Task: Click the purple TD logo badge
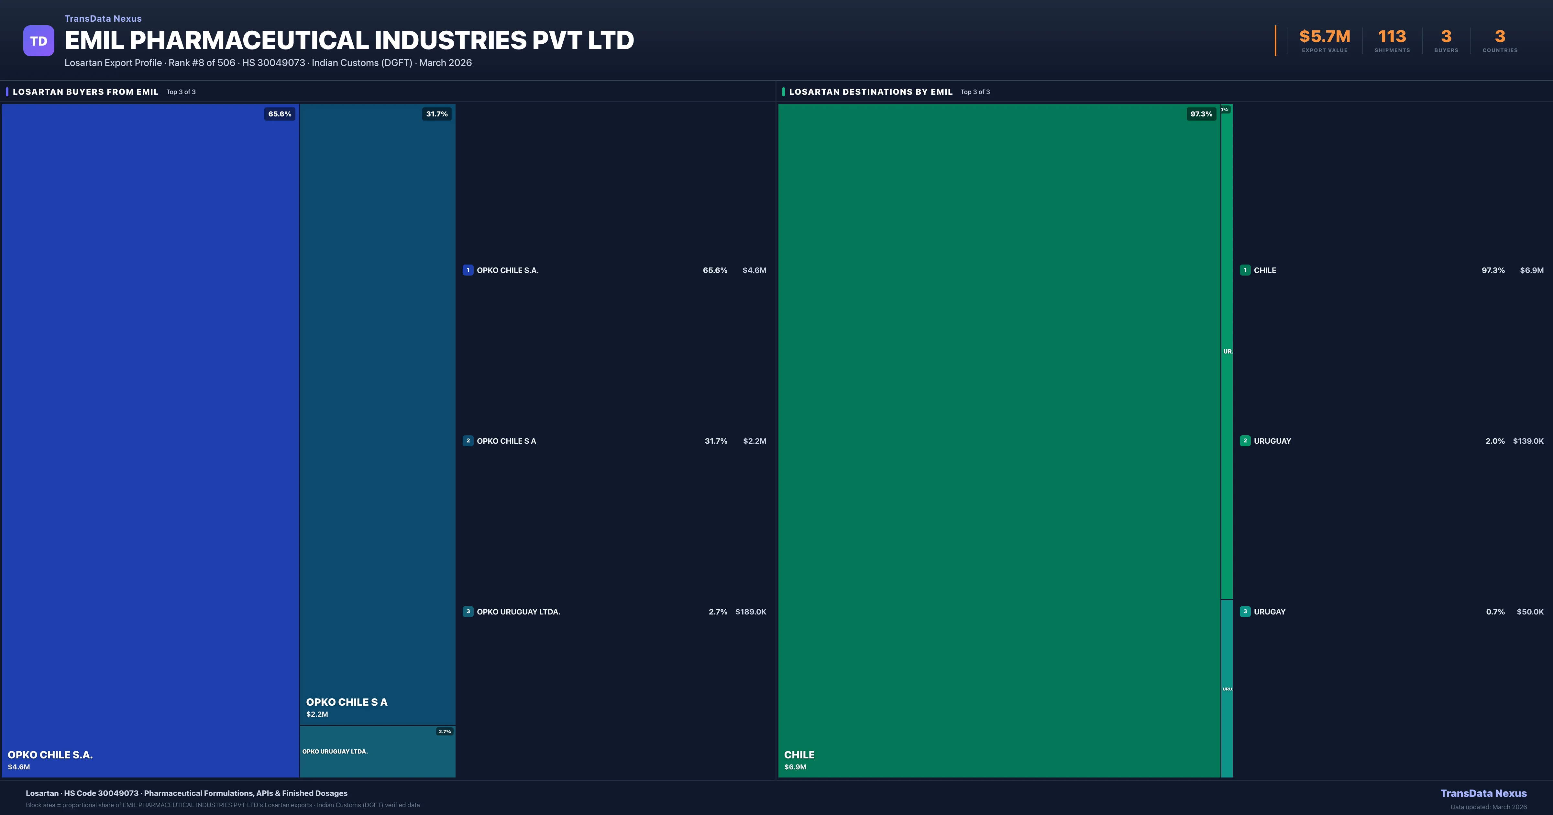[x=39, y=41]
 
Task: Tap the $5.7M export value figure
[x=1325, y=37]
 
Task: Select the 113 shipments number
[x=1392, y=37]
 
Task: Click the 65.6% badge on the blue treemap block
[x=280, y=114]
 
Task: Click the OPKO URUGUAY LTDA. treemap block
[x=377, y=752]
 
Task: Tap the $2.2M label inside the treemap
[x=317, y=714]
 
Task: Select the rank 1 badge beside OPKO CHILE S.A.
[x=468, y=270]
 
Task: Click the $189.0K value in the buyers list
[x=751, y=612]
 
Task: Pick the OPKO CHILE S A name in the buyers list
[x=506, y=441]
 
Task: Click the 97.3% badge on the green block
[x=1201, y=114]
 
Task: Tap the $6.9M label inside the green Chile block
[x=795, y=767]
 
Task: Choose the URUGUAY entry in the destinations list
[x=1272, y=441]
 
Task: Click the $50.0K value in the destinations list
[x=1530, y=612]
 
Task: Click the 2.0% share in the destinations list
[x=1495, y=441]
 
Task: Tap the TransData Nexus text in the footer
[x=1483, y=793]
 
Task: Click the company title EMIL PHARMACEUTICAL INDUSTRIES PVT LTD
[x=349, y=40]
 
